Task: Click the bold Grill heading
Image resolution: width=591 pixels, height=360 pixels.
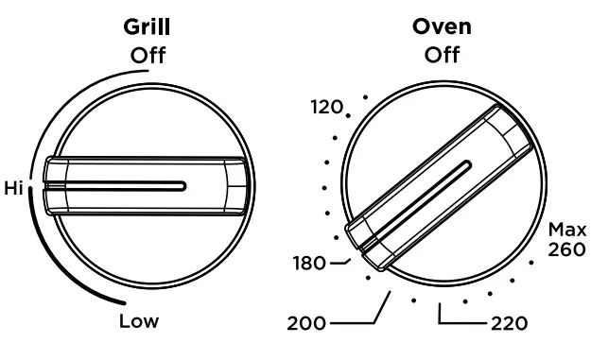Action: tap(147, 27)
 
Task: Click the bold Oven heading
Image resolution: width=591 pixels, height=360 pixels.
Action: tap(442, 26)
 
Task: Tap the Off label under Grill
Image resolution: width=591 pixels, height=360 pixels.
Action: tap(148, 56)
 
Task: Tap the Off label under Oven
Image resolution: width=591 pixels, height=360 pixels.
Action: tap(442, 55)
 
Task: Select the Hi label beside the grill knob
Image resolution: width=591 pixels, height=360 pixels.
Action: tap(14, 187)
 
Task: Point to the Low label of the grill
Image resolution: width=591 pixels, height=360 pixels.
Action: tap(139, 321)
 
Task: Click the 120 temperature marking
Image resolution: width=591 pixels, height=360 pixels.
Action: tap(327, 107)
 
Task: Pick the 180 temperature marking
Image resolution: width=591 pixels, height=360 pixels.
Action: tap(309, 264)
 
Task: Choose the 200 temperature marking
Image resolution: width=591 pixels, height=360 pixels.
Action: tap(306, 323)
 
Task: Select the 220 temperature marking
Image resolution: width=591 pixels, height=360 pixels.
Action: tap(510, 323)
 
